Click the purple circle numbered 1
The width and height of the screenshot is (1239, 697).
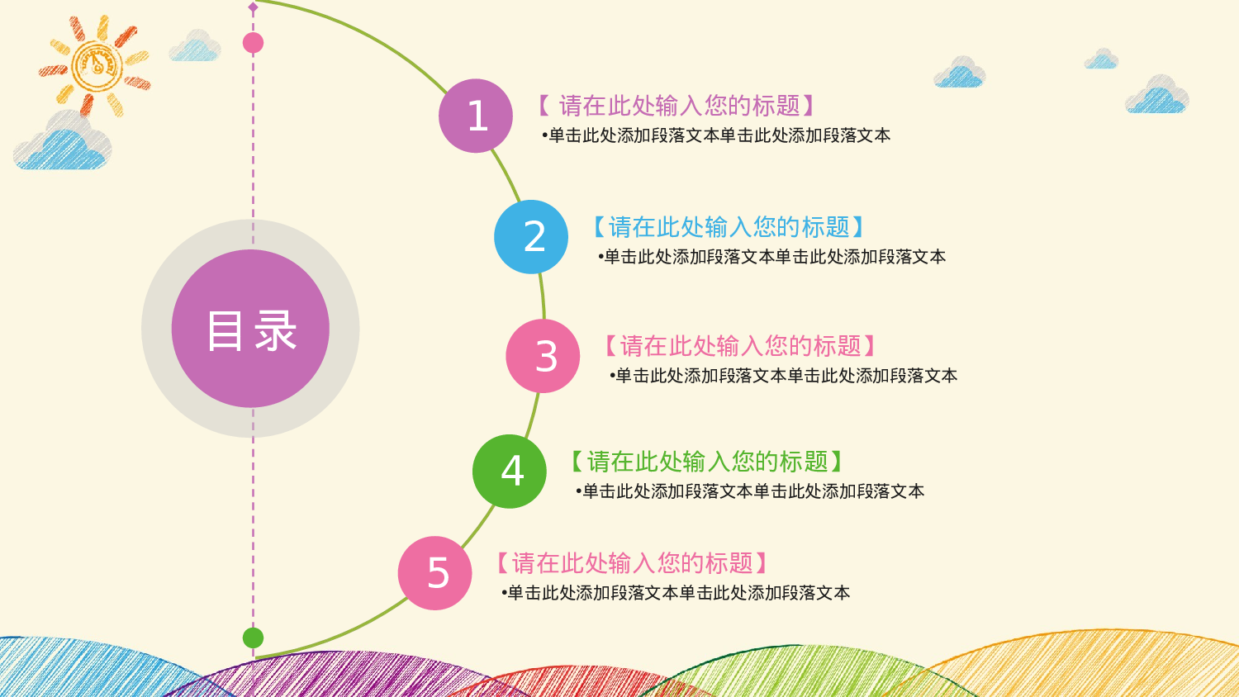(x=476, y=116)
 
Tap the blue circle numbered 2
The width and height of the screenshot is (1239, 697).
(x=531, y=237)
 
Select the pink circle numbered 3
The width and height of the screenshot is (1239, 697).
(x=543, y=356)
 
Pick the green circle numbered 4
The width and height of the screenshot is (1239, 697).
(x=510, y=472)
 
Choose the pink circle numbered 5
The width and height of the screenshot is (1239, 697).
(x=435, y=573)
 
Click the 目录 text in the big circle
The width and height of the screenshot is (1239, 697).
(x=250, y=330)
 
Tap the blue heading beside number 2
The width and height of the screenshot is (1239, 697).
(x=729, y=227)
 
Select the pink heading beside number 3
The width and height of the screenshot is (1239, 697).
(x=740, y=346)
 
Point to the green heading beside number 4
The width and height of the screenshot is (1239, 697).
(x=707, y=462)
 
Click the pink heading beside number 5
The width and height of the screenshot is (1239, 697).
(x=633, y=563)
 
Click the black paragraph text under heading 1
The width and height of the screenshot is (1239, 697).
(x=716, y=135)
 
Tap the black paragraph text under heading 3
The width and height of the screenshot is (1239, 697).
(x=783, y=376)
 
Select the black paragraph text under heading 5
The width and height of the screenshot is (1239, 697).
(x=676, y=593)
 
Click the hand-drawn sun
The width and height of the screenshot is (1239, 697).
(x=96, y=64)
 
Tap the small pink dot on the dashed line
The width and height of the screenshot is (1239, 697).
(x=254, y=43)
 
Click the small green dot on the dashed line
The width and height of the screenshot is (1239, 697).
(x=254, y=638)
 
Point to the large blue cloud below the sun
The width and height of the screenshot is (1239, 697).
(x=63, y=142)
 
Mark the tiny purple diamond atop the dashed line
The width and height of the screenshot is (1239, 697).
(x=254, y=7)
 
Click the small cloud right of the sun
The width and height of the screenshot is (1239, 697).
(x=195, y=47)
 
